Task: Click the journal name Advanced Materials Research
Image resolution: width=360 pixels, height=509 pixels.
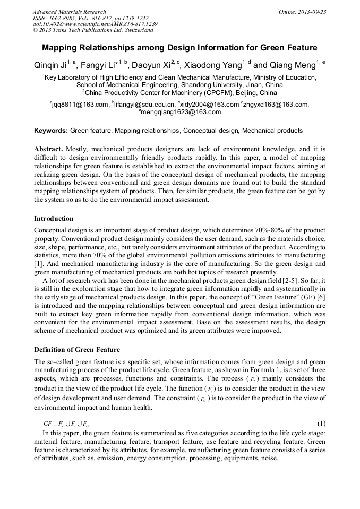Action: click(x=69, y=12)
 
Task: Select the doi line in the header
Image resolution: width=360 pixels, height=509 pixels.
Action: click(x=95, y=24)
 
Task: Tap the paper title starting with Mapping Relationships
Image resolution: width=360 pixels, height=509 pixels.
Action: click(x=179, y=47)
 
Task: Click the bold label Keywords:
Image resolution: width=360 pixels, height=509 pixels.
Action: click(x=51, y=131)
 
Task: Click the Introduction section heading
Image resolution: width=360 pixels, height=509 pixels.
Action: click(x=54, y=219)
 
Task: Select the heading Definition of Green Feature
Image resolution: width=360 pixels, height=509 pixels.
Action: click(x=77, y=349)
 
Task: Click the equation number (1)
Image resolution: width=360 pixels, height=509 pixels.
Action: click(x=321, y=424)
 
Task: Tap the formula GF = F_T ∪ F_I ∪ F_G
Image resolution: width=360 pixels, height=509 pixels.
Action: click(x=66, y=424)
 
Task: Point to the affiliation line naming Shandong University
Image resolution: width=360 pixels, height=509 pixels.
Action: click(x=179, y=85)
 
